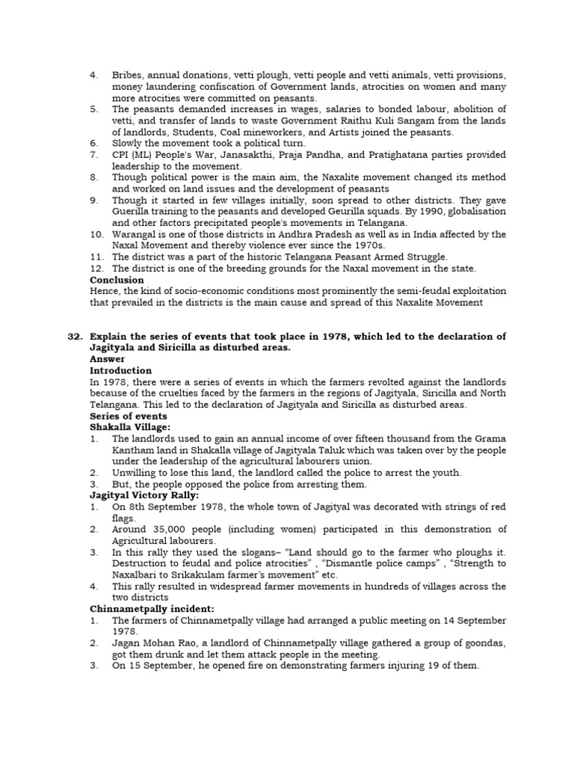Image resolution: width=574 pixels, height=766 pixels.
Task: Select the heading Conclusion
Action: (117, 280)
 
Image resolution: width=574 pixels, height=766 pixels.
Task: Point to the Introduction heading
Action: (120, 370)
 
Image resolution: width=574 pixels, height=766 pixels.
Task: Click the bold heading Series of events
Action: (129, 416)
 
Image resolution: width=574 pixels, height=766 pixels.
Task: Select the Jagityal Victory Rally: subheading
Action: (144, 495)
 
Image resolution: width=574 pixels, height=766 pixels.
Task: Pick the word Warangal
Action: (136, 234)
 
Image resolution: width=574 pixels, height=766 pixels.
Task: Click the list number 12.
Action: (96, 269)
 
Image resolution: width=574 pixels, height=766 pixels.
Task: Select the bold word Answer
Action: (108, 359)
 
